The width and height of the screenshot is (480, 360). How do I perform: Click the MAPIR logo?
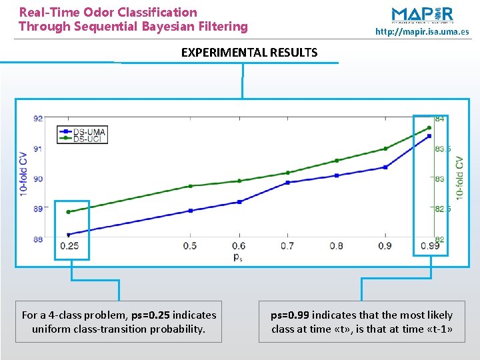point(422,15)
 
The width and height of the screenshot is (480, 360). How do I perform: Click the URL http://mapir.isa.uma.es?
point(421,31)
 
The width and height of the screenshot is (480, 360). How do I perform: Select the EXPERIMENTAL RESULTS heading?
point(249,52)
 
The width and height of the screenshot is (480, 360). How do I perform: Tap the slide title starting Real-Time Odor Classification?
point(133,19)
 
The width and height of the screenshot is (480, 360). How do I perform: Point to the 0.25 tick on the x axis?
point(69,247)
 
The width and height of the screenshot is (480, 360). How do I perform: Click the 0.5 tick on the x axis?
point(190,247)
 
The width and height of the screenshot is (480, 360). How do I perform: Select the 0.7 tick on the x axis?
point(287,247)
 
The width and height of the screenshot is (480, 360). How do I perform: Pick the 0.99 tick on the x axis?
point(429,247)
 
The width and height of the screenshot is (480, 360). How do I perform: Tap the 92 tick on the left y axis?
point(38,119)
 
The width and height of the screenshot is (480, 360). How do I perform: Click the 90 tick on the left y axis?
point(38,179)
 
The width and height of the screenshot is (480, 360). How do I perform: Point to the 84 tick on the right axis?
point(440,119)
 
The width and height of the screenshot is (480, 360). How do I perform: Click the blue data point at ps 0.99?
point(429,136)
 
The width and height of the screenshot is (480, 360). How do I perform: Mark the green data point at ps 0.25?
point(69,212)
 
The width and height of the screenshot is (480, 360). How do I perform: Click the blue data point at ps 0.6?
point(239,201)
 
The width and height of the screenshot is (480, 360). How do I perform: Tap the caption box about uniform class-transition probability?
point(119,321)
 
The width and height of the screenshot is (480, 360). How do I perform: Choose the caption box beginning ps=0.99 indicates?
point(361,321)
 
